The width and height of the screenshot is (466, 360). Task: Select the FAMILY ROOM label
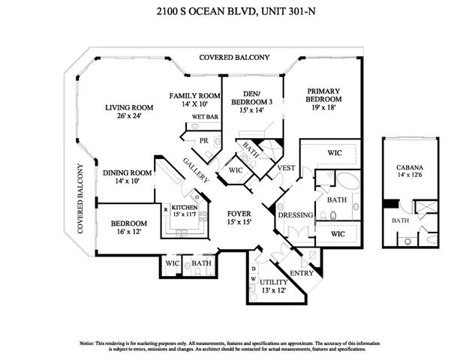[194, 96]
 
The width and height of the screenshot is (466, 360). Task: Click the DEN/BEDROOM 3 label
[252, 97]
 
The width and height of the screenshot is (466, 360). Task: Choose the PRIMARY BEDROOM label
[324, 95]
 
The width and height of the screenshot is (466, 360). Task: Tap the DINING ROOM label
[128, 172]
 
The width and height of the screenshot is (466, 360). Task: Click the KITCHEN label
[184, 207]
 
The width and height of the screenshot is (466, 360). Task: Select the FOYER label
[239, 214]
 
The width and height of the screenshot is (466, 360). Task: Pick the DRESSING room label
[294, 215]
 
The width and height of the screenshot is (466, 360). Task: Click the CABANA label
[410, 168]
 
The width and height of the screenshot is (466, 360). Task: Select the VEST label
[286, 168]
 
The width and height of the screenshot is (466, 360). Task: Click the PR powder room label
[203, 141]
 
